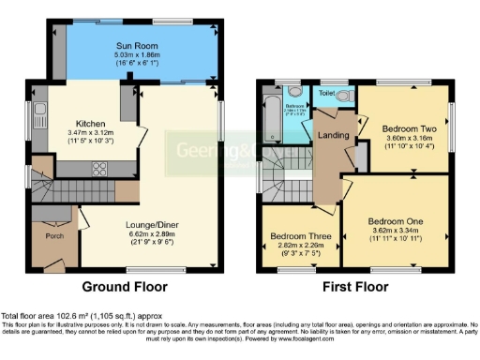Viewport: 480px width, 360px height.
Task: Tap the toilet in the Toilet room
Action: tap(342, 97)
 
